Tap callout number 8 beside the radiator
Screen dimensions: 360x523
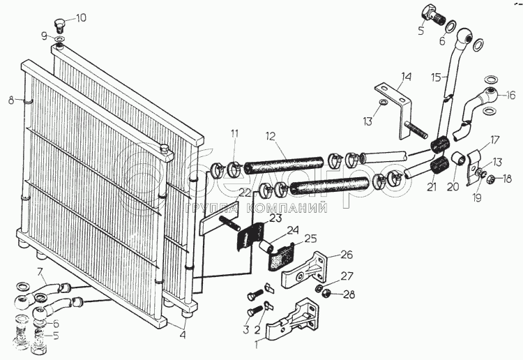point(10,100)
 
